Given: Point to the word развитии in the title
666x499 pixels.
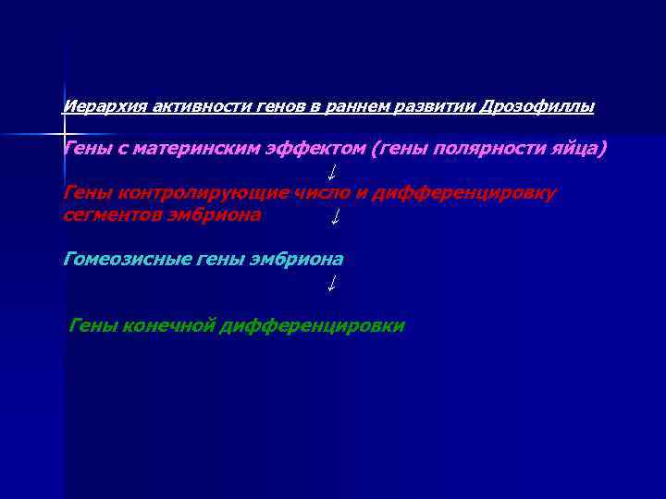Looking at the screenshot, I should point(435,107).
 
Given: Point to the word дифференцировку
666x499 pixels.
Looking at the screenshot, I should point(465,192).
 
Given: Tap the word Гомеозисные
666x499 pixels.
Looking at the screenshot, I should point(126,260).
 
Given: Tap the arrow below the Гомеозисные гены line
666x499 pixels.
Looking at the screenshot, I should point(330,285).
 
